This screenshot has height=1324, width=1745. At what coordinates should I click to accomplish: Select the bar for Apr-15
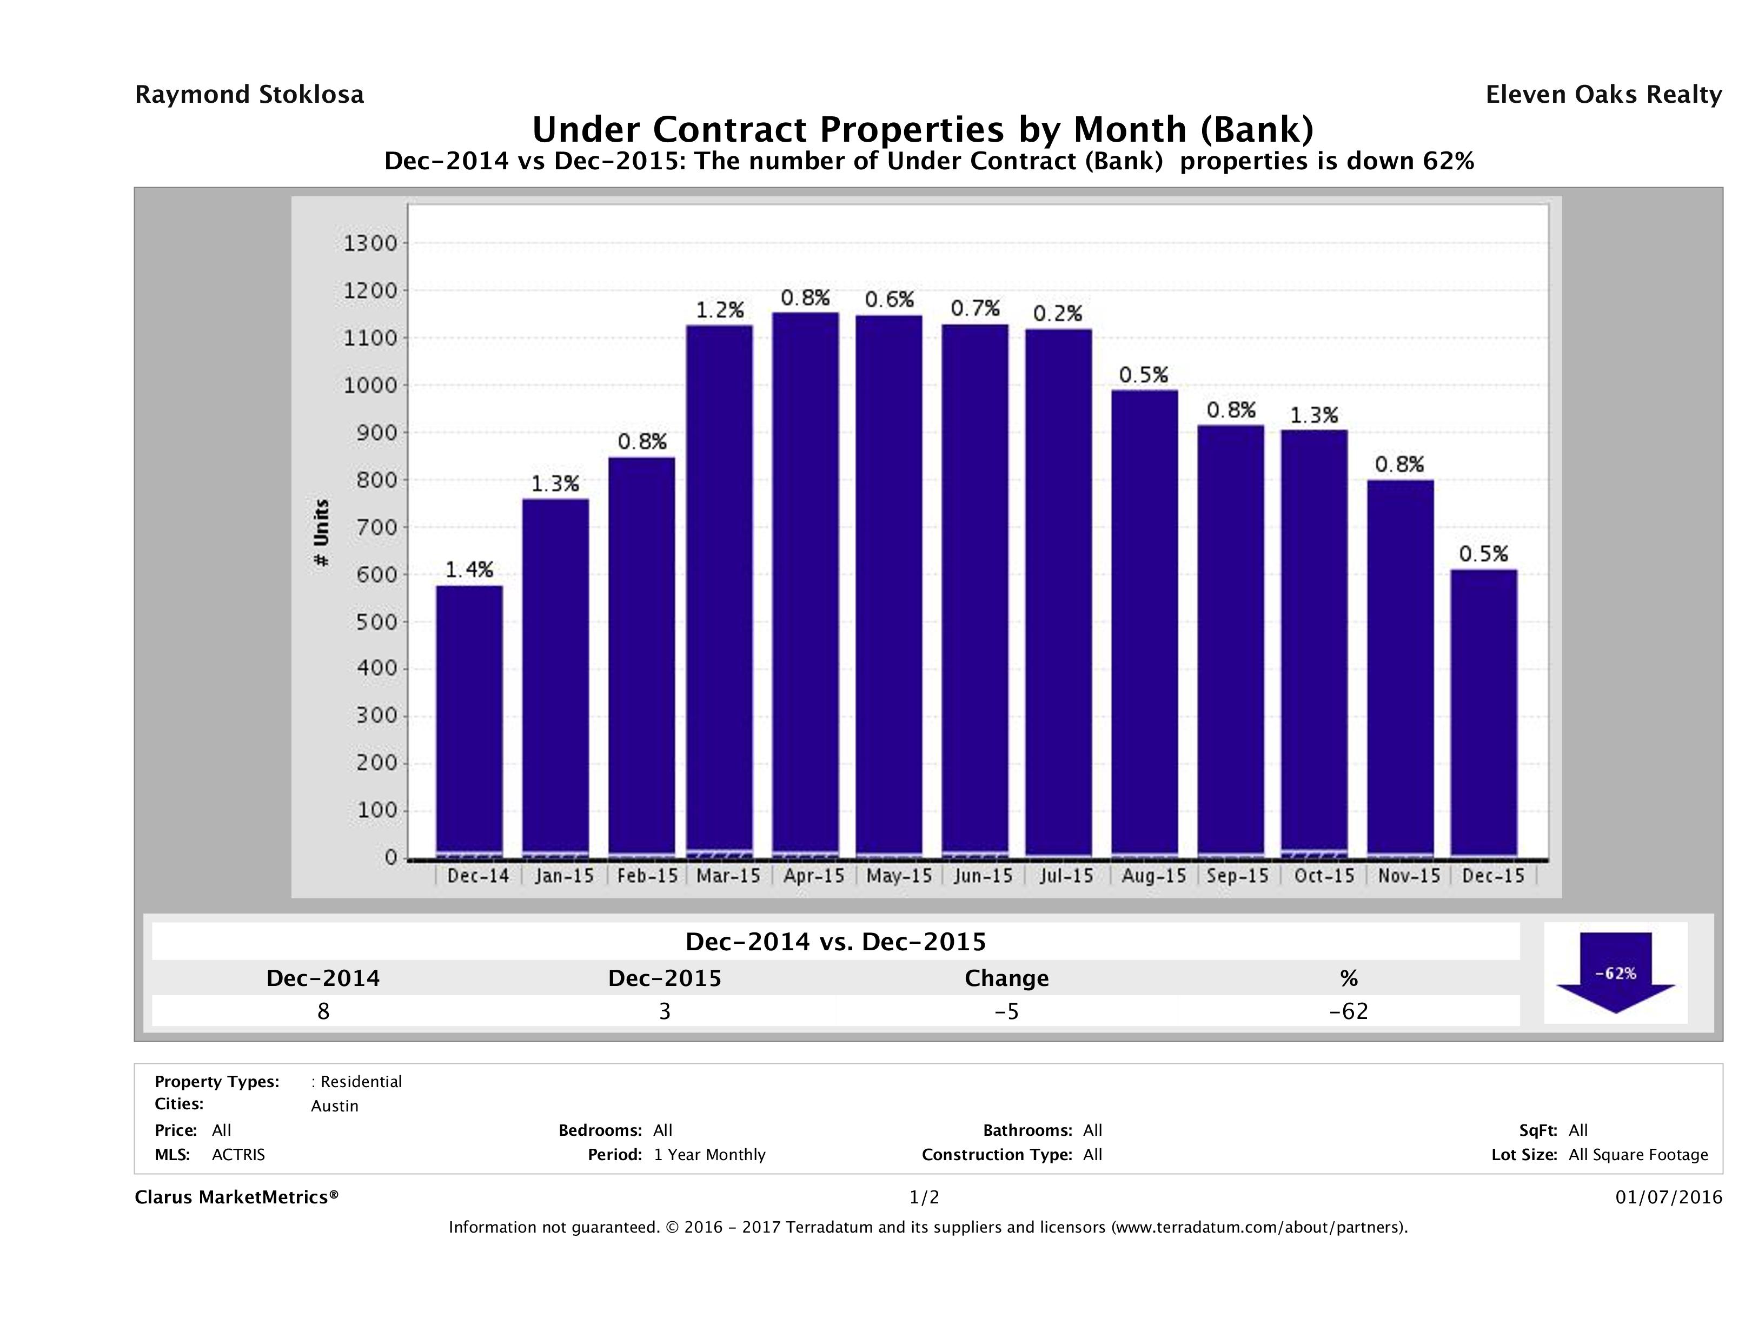[x=805, y=584]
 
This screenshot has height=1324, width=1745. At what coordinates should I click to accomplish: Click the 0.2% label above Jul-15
[x=1057, y=314]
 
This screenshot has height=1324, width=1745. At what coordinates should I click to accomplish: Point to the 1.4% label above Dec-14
[x=469, y=569]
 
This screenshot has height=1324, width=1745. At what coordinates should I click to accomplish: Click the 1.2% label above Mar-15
[x=719, y=310]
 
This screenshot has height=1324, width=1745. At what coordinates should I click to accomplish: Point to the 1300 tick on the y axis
[x=370, y=243]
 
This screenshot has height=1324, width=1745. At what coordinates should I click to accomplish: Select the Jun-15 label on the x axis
[x=982, y=876]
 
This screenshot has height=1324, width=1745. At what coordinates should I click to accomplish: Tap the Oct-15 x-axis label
[x=1324, y=876]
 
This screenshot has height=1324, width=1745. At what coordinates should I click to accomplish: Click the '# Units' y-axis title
[x=321, y=533]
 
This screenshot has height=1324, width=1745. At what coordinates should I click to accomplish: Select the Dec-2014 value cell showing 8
[x=323, y=1011]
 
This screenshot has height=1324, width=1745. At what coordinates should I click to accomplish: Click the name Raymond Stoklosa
[x=249, y=95]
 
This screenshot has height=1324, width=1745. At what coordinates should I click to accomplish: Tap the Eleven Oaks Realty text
[x=1603, y=95]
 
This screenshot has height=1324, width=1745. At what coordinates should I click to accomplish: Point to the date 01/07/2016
[x=1668, y=1197]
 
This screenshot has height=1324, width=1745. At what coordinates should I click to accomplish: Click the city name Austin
[x=335, y=1105]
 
